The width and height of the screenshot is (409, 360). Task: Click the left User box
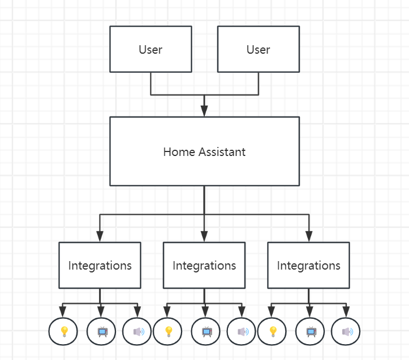(x=150, y=50)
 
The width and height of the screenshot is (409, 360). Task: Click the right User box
(x=259, y=50)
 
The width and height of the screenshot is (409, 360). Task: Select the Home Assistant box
(x=204, y=151)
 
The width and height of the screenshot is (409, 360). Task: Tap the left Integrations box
(x=100, y=265)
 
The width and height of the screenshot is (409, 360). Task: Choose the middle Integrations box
(x=204, y=265)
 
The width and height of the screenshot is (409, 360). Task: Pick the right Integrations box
(x=309, y=265)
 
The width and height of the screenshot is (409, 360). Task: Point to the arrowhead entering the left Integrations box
(x=100, y=237)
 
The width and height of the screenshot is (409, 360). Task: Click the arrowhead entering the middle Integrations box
(x=204, y=237)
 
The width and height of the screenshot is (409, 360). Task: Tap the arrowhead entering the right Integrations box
(x=309, y=237)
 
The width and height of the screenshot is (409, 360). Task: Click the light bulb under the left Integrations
(x=64, y=332)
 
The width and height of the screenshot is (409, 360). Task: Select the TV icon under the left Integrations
(x=102, y=332)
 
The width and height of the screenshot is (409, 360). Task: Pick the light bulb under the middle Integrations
(x=168, y=332)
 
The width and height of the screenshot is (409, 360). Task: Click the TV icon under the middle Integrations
(x=206, y=332)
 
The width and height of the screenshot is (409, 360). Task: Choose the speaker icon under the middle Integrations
(x=242, y=332)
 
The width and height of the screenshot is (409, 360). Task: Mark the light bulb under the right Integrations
(x=273, y=332)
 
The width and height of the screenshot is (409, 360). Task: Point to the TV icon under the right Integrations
(x=311, y=332)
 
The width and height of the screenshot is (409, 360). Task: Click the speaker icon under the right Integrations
(x=346, y=332)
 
